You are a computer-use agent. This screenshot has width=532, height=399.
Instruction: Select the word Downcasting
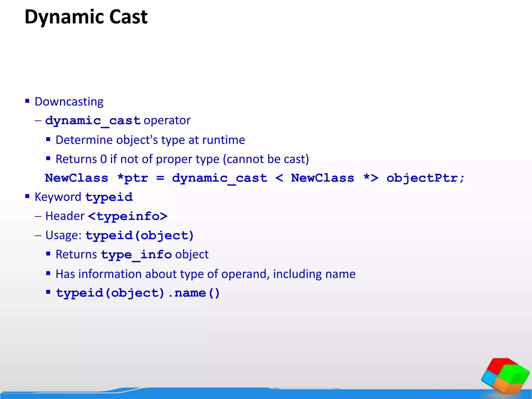point(69,102)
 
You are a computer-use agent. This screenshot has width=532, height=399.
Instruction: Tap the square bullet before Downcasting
point(27,101)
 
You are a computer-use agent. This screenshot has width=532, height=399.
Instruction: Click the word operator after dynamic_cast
point(167,121)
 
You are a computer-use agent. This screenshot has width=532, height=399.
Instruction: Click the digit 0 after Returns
point(103,159)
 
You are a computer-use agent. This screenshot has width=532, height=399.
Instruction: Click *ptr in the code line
point(132,178)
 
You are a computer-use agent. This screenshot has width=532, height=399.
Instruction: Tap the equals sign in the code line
point(160,178)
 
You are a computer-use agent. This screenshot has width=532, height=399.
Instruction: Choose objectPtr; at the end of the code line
point(425,178)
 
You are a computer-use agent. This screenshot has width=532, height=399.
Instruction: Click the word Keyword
point(58,197)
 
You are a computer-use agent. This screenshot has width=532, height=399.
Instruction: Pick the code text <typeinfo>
point(128,216)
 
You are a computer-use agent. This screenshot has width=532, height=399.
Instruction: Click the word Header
point(65,216)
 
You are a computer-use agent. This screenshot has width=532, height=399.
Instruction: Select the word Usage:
point(64,235)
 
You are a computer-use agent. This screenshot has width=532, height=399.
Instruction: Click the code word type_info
point(136,255)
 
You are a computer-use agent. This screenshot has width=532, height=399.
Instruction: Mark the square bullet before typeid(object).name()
point(48,292)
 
